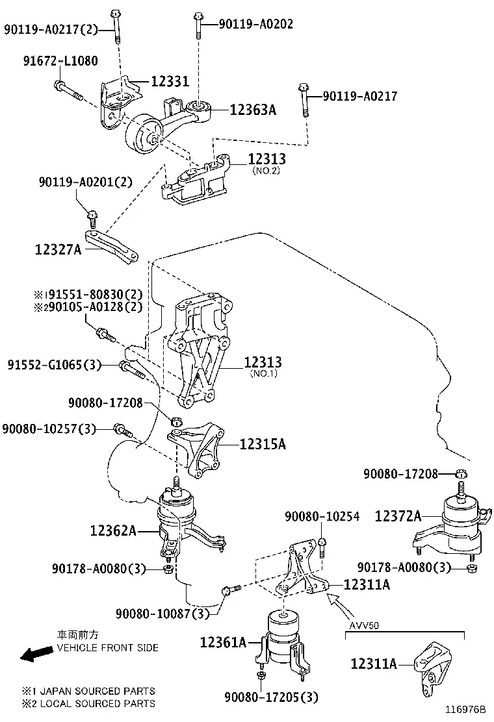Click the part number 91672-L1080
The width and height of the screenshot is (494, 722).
(60, 60)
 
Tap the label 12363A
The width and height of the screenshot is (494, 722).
(253, 110)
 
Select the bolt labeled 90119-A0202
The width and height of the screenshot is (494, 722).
(198, 26)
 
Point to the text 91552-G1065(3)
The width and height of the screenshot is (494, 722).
(55, 365)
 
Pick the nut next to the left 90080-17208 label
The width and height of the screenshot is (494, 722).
(175, 421)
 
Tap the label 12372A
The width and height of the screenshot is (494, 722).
(398, 516)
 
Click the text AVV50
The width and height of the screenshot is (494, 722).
(363, 626)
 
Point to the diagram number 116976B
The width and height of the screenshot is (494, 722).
(465, 709)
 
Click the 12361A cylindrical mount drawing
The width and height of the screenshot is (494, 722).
(284, 642)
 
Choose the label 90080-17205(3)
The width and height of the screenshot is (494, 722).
(272, 697)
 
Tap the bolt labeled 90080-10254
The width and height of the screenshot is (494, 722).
(322, 547)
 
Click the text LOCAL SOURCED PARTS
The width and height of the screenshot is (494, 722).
(97, 704)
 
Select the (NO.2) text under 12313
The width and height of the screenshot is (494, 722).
(266, 171)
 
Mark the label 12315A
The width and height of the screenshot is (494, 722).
(263, 444)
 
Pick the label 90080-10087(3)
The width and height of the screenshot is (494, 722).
(162, 614)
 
